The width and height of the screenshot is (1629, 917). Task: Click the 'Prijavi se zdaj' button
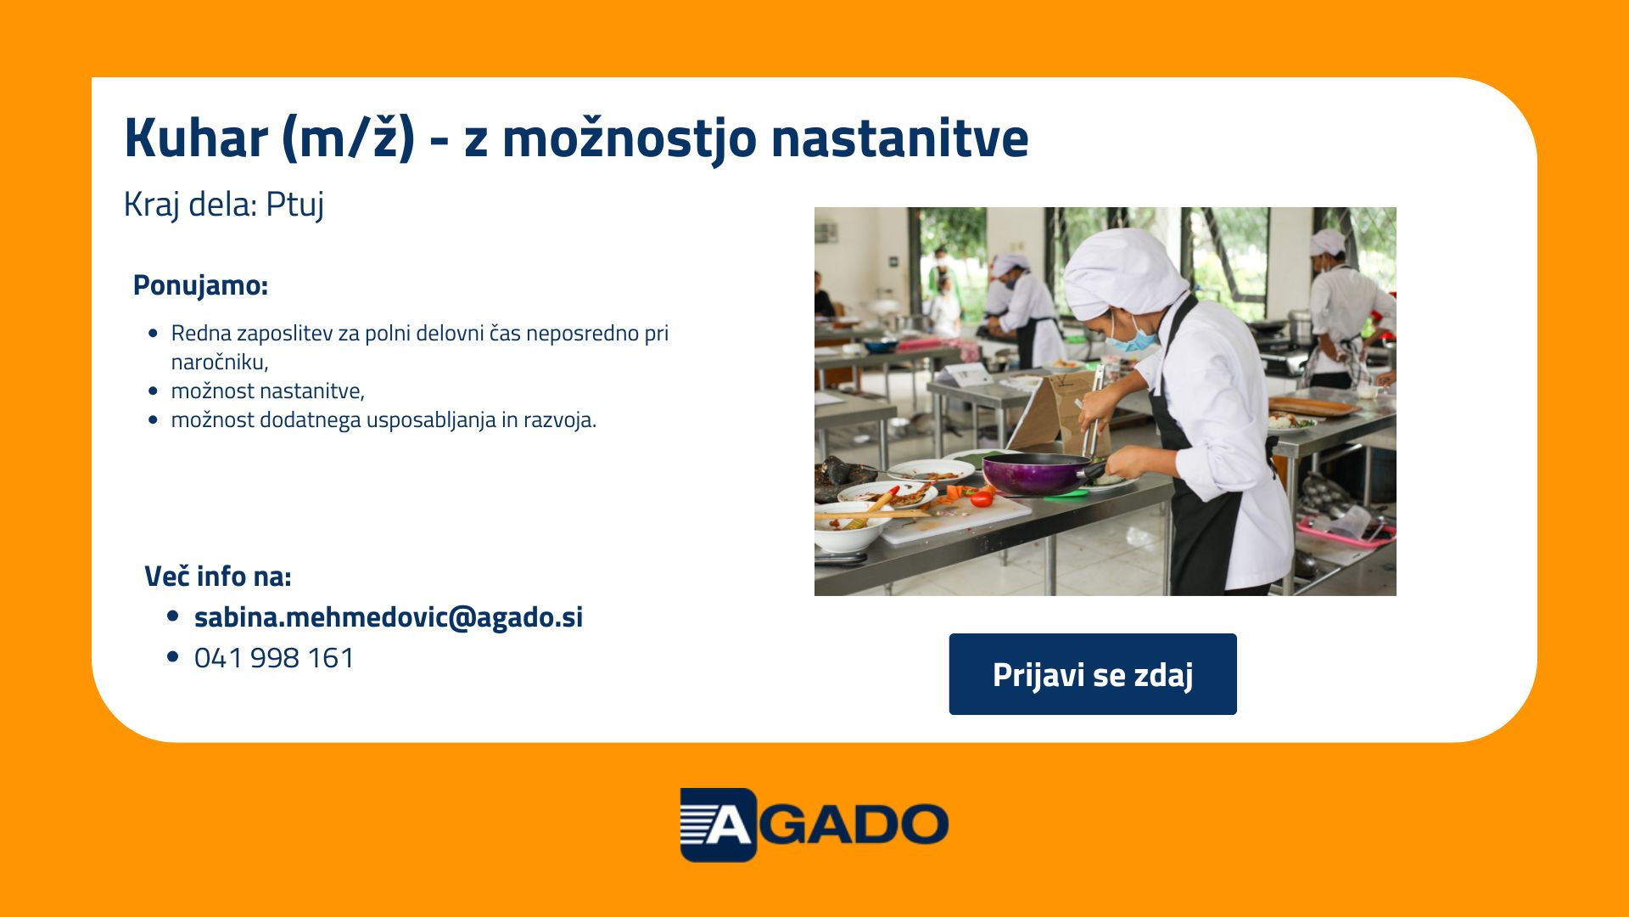[1093, 674]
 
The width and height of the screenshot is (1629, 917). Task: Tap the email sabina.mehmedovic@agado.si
[389, 617]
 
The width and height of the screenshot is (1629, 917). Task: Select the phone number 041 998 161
[274, 658]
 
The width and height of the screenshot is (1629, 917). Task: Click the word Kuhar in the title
[196, 138]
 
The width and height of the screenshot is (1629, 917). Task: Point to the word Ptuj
[295, 205]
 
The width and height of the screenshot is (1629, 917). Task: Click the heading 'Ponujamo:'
[200, 285]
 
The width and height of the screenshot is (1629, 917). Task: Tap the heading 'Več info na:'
[218, 577]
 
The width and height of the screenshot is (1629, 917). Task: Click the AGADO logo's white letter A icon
[718, 824]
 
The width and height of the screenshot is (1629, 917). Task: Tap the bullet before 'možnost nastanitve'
[153, 391]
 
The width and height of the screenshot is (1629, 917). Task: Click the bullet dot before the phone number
[174, 657]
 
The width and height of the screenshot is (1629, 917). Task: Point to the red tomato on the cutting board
[982, 498]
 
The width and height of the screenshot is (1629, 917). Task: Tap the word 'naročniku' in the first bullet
[217, 363]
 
